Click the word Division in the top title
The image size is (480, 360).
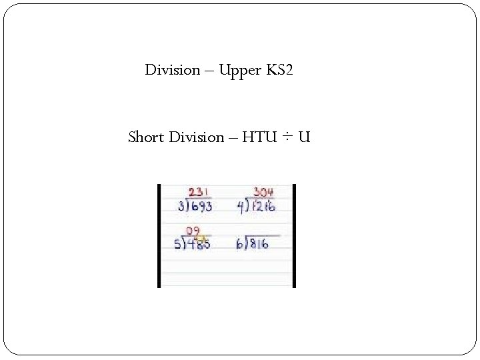click(x=173, y=70)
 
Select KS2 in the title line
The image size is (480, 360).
click(x=279, y=70)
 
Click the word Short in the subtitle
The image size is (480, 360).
click(x=146, y=137)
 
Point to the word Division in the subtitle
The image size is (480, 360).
click(x=197, y=137)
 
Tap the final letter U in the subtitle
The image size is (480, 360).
click(x=304, y=137)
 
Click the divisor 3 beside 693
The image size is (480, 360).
click(x=180, y=207)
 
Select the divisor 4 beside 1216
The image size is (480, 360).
click(x=240, y=207)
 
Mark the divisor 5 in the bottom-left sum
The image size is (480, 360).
click(x=177, y=245)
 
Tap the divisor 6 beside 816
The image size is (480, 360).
click(x=239, y=245)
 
